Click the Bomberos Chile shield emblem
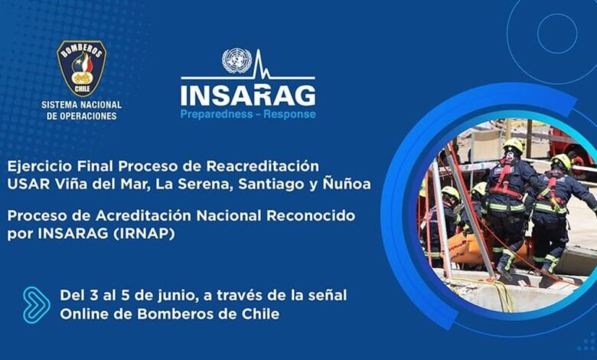81,68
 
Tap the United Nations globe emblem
237,61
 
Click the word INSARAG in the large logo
248,95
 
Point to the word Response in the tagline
290,114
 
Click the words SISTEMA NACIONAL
81,105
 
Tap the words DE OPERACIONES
81,116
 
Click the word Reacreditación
263,166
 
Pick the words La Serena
195,185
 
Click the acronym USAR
28,185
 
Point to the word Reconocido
311,216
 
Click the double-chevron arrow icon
36,305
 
